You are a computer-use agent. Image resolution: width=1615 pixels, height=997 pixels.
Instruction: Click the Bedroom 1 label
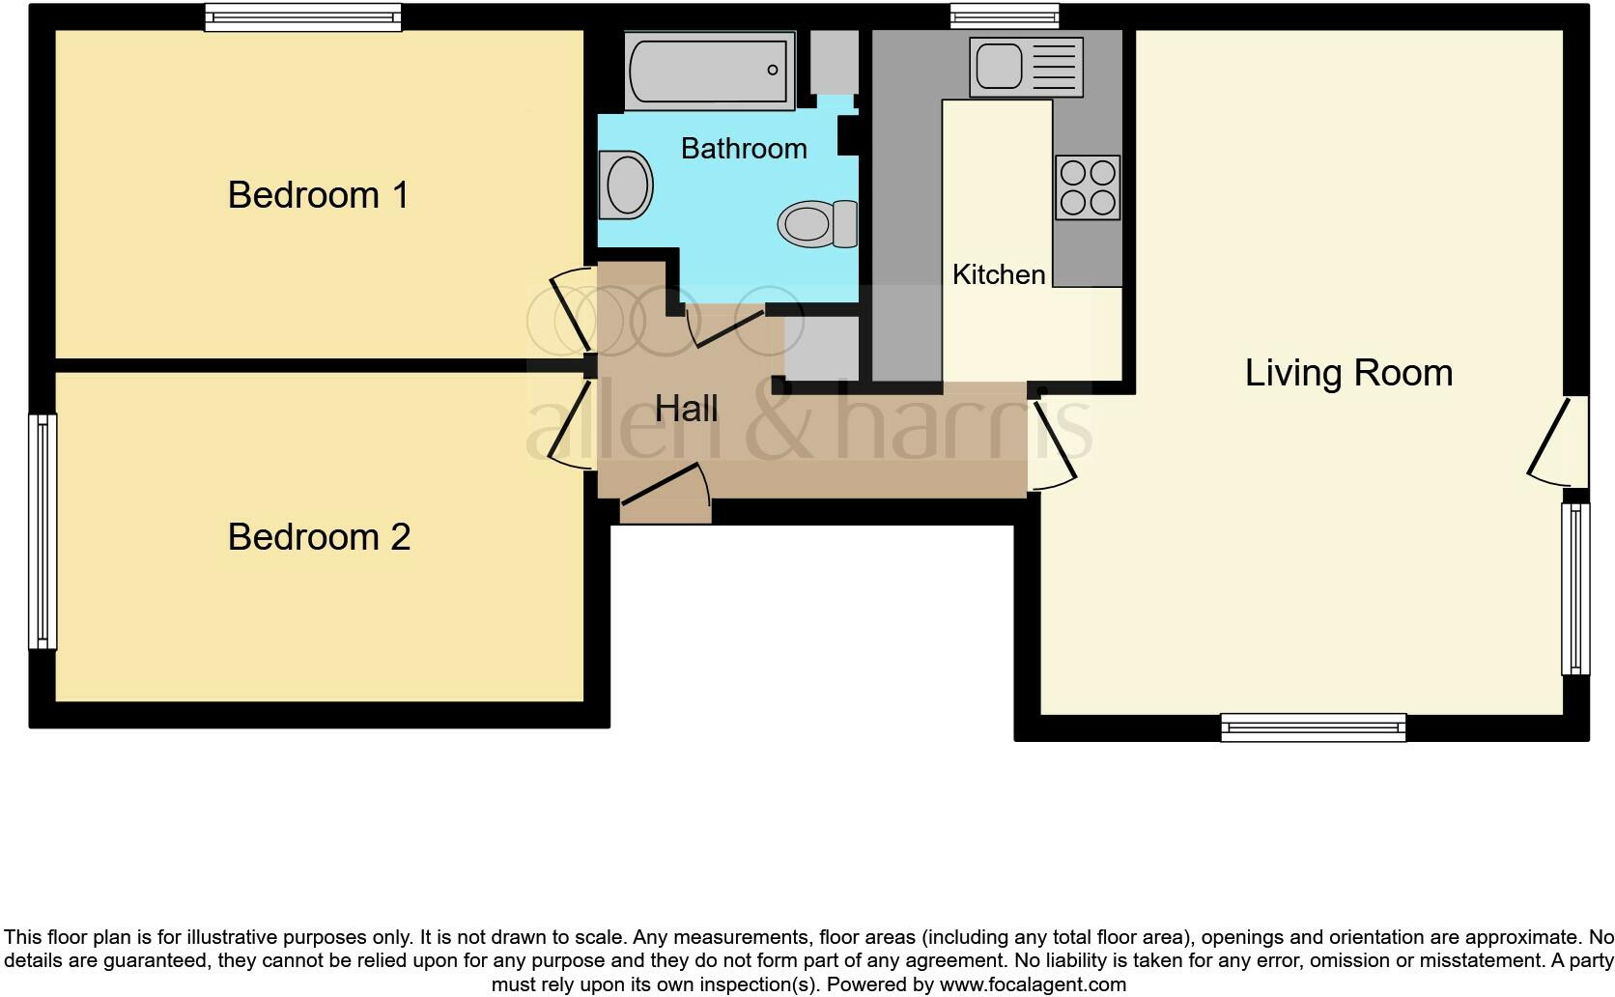click(318, 195)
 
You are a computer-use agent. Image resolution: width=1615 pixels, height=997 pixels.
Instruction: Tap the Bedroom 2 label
click(319, 537)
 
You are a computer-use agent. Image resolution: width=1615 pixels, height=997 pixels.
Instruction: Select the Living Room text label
click(1348, 373)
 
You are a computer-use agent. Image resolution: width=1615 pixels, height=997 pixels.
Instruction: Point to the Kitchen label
click(999, 274)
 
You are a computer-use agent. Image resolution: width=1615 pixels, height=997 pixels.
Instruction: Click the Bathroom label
click(744, 149)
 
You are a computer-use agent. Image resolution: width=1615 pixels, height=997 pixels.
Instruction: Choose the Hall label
click(686, 409)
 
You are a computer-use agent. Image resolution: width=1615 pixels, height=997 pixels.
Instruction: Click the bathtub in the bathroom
click(709, 71)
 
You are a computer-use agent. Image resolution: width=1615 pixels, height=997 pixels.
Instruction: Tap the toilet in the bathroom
click(817, 223)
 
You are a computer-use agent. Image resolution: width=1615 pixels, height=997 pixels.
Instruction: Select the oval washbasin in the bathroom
click(625, 185)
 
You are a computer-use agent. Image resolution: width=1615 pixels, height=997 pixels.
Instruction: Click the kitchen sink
click(1025, 67)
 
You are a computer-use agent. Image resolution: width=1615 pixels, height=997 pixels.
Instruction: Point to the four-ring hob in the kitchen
click(1088, 187)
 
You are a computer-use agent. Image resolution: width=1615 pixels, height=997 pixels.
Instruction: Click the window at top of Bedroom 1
click(302, 16)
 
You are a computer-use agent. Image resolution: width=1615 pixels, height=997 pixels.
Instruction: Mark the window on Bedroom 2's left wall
click(42, 531)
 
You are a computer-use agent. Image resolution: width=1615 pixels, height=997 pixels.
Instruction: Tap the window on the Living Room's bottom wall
click(1313, 727)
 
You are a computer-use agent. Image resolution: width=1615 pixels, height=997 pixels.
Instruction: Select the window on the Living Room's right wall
click(1575, 588)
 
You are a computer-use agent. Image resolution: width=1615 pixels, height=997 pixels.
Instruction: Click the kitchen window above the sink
click(1004, 15)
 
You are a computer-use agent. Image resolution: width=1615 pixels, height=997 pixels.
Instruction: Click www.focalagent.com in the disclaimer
click(1032, 985)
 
